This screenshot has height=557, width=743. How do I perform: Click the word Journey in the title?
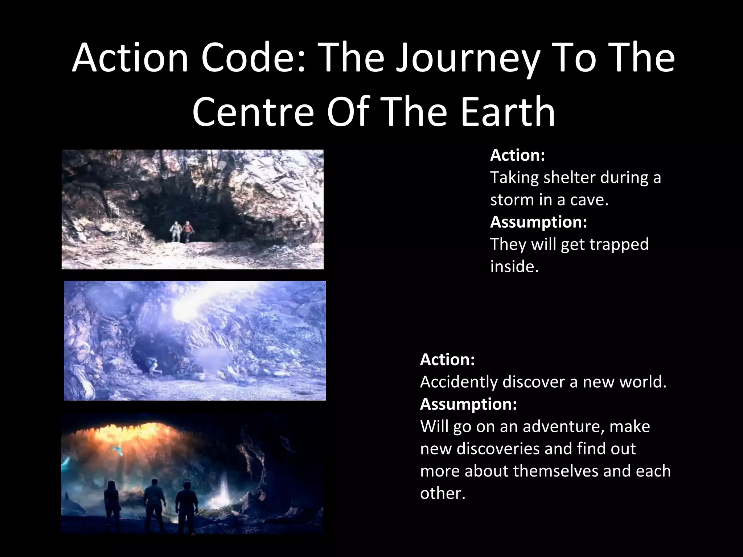[468, 58]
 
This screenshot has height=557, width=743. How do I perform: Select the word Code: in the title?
[254, 58]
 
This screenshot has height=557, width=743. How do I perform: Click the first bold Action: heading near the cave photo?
[517, 155]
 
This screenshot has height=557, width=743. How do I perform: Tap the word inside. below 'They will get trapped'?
[514, 267]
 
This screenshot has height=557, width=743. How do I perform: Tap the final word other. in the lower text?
[442, 493]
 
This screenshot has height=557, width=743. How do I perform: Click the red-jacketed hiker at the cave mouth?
[188, 231]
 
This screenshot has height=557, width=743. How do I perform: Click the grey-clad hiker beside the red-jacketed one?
[176, 231]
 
